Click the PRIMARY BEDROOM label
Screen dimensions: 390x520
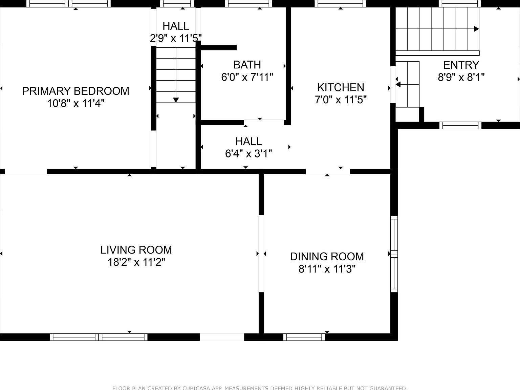click(x=75, y=91)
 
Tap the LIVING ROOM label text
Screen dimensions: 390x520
click(x=136, y=250)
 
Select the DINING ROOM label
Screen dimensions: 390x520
click(x=327, y=257)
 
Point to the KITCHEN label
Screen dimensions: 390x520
click(x=341, y=87)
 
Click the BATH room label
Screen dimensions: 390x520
click(x=247, y=65)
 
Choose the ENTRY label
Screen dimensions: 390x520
click(x=461, y=65)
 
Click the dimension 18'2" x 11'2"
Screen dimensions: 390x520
click(x=136, y=262)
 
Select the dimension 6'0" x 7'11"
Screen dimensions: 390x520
click(x=247, y=78)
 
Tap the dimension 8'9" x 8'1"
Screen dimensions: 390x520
click(x=461, y=78)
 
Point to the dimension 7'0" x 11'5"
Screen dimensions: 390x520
click(x=341, y=100)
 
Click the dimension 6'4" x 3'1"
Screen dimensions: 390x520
click(x=248, y=154)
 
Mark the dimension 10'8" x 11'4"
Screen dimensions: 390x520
click(x=75, y=104)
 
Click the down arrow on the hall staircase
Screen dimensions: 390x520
click(x=176, y=100)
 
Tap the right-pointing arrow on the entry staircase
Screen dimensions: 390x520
click(x=476, y=29)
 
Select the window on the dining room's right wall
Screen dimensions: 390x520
click(x=394, y=254)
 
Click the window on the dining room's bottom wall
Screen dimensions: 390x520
click(x=304, y=337)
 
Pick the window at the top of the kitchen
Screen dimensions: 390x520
click(x=340, y=4)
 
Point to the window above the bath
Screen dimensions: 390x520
click(x=249, y=4)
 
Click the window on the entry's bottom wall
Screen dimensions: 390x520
click(x=460, y=126)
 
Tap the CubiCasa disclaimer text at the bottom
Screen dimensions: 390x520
click(x=260, y=388)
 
